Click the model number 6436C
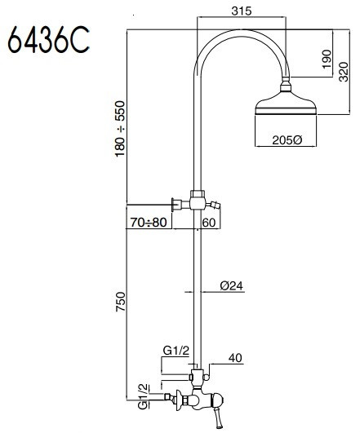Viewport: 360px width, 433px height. click(49, 39)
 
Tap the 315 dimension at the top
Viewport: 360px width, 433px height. click(242, 11)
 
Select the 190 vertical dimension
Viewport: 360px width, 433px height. click(327, 59)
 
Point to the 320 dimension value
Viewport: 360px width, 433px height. click(344, 72)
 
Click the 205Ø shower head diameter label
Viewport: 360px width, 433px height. click(287, 140)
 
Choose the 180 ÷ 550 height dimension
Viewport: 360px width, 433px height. click(120, 129)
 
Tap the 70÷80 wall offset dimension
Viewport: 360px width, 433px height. click(149, 223)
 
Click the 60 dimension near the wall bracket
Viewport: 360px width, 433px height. click(209, 223)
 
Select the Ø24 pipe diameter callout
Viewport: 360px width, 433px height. click(232, 286)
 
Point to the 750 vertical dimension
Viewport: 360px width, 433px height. click(120, 302)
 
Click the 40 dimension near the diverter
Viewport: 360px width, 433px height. click(235, 358)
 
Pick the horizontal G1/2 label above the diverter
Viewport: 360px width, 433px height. click(176, 351)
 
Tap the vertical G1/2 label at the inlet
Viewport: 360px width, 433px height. click(143, 397)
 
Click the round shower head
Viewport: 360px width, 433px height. click(286, 104)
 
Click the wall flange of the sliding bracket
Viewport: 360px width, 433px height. click(173, 205)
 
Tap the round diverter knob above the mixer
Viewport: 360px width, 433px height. click(206, 377)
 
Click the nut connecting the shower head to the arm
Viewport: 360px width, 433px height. click(286, 85)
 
